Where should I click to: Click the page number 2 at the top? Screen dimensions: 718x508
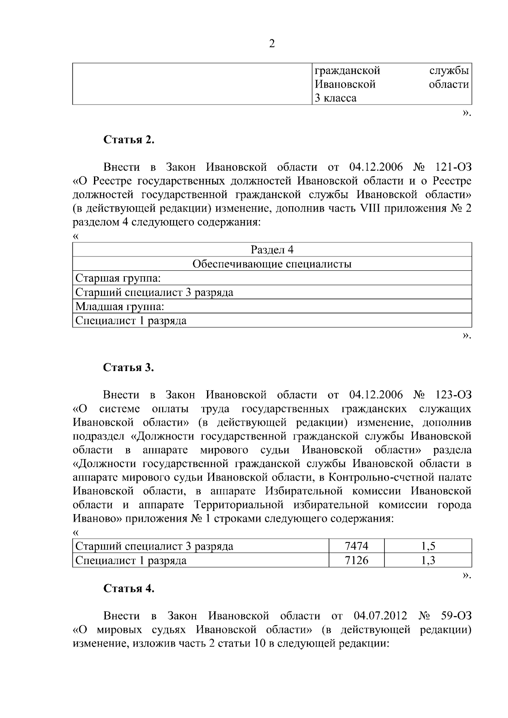click(272, 44)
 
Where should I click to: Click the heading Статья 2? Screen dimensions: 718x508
click(129, 140)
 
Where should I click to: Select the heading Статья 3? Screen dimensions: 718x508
click(129, 367)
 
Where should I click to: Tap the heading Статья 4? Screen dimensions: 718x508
click(129, 589)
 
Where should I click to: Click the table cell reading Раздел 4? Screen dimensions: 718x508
click(272, 250)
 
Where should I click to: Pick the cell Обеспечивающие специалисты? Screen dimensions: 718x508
click(272, 264)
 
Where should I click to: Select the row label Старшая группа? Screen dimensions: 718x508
click(118, 278)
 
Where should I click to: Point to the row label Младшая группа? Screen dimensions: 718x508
click(119, 306)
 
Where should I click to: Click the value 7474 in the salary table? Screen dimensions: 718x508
click(356, 546)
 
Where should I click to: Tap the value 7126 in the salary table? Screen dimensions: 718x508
click(356, 561)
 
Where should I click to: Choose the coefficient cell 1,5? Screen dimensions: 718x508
click(428, 546)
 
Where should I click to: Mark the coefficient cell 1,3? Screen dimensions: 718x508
click(428, 561)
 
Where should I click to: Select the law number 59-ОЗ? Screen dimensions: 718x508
click(456, 616)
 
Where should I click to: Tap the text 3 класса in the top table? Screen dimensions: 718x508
click(335, 98)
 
